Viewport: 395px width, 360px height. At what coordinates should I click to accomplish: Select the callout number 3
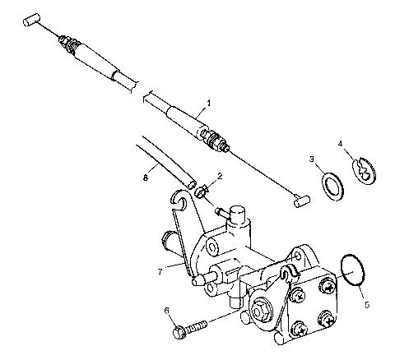(x=312, y=159)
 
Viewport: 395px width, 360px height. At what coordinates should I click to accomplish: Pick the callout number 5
(x=366, y=305)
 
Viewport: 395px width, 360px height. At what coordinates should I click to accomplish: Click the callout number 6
(x=167, y=311)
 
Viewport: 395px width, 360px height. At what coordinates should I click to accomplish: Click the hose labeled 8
(x=165, y=160)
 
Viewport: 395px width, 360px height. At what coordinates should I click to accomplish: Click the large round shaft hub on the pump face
(x=265, y=312)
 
